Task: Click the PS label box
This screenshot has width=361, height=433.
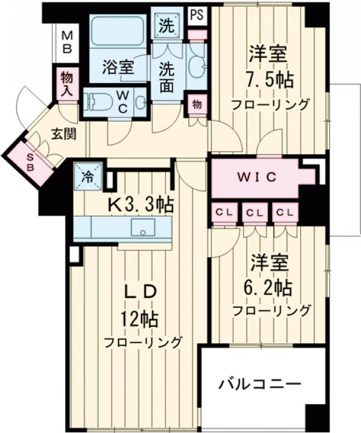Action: point(196,15)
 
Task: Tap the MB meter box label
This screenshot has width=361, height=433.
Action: point(66,40)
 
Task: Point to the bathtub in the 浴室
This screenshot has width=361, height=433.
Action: point(118,36)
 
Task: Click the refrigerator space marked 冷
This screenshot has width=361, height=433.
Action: point(87,178)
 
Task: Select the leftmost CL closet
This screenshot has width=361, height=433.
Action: point(223,213)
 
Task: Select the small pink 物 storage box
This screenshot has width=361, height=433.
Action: point(197,103)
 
